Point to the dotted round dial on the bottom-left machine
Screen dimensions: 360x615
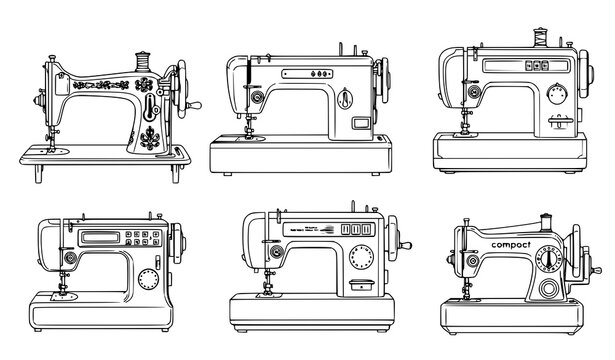tap(148, 278)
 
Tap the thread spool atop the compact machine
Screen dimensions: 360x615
tap(547, 221)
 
